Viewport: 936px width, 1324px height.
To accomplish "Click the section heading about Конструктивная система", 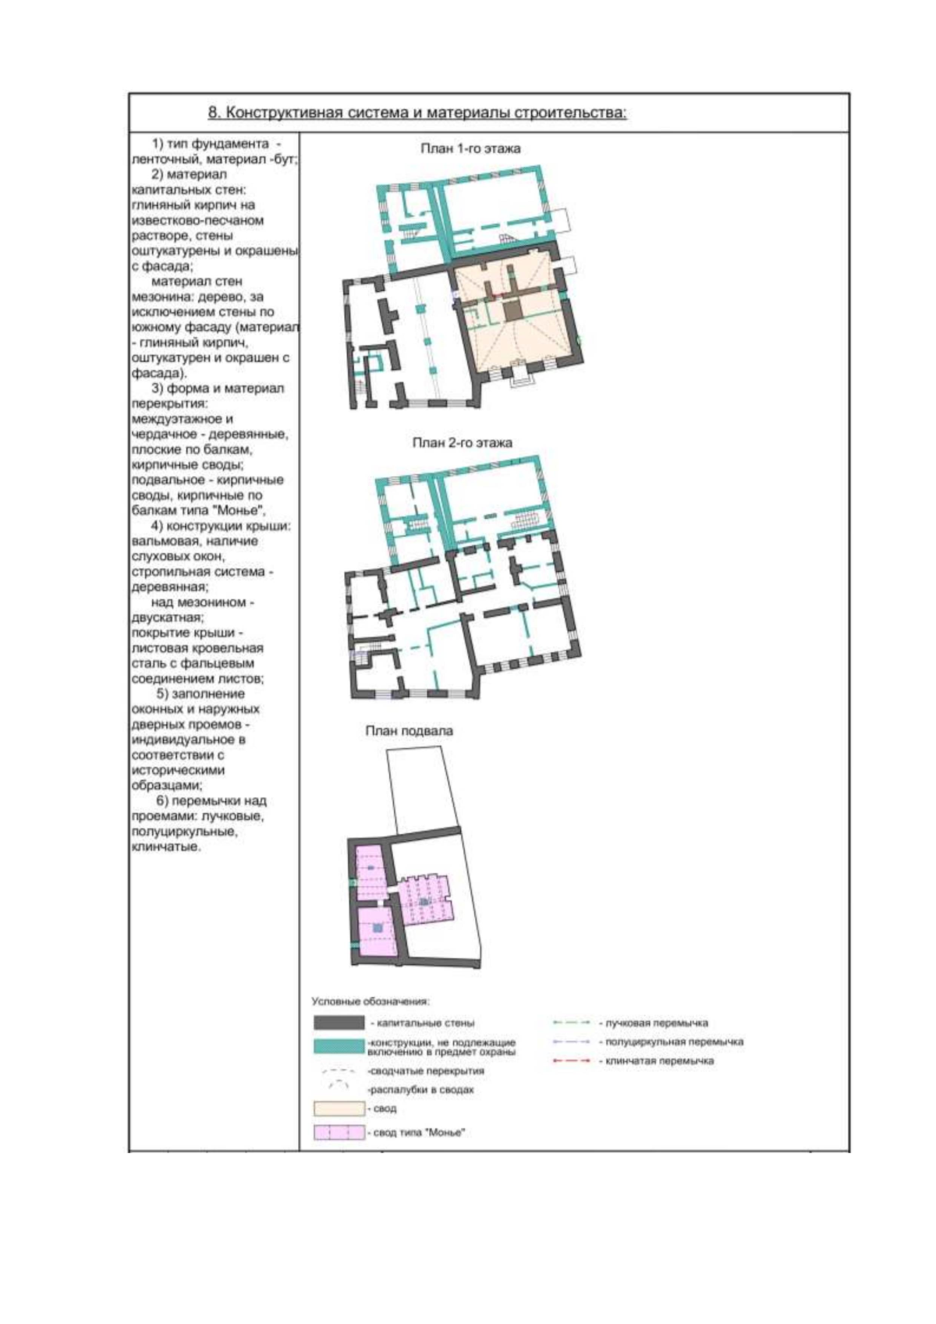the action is tap(417, 112).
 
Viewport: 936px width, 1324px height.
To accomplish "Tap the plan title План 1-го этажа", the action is tap(470, 148).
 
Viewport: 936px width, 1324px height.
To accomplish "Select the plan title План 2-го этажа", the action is tap(462, 442).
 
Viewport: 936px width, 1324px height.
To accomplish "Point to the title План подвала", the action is tap(409, 730).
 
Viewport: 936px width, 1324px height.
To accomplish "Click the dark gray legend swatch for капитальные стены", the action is tap(339, 1023).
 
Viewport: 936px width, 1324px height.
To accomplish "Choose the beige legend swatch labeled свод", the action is tap(339, 1109).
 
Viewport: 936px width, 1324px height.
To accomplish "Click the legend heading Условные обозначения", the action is tap(370, 1002).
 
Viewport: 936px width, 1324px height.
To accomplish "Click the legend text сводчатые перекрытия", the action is tap(426, 1070).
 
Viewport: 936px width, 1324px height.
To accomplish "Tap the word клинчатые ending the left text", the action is tap(166, 847).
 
